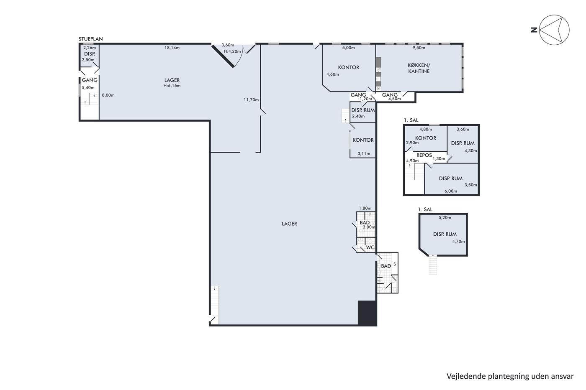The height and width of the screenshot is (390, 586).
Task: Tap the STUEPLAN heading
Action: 90,39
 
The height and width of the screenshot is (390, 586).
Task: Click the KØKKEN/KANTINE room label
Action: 419,68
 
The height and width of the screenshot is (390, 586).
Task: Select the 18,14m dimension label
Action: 172,48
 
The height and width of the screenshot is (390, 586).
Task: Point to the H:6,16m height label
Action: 172,86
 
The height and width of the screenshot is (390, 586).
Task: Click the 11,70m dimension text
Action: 251,99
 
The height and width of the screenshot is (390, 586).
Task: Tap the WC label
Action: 370,247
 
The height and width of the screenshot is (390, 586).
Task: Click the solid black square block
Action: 368,313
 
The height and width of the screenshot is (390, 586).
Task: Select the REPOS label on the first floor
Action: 424,155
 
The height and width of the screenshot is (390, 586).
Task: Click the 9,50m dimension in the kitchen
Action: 419,48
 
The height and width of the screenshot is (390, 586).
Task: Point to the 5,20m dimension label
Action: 445,217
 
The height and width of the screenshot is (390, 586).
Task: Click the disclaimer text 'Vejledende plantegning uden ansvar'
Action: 510,376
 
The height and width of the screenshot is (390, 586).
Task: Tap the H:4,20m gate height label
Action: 232,51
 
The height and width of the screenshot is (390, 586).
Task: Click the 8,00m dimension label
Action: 108,95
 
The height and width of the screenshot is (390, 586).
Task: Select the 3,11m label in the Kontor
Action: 364,153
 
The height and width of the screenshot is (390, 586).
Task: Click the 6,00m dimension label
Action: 451,191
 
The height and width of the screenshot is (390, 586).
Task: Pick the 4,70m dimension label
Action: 459,241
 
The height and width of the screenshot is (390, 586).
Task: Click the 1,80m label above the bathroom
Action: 365,209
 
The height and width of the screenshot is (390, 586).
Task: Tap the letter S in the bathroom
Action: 394,264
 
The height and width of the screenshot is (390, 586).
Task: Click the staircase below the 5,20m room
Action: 433,265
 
